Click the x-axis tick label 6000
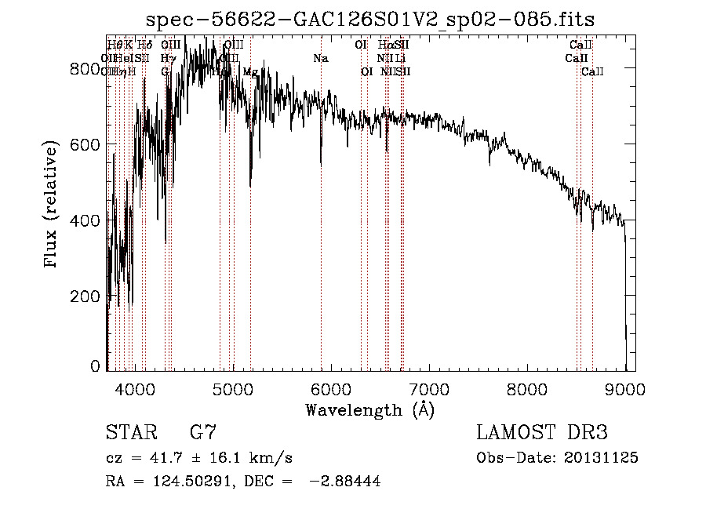point(331,388)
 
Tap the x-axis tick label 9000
point(625,388)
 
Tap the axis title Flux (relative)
point(53,206)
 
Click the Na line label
point(321,58)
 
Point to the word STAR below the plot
point(130,432)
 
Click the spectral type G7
point(202,432)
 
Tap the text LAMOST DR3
point(542,432)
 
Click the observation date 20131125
point(603,458)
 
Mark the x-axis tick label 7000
point(429,388)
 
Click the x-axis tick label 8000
point(527,388)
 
